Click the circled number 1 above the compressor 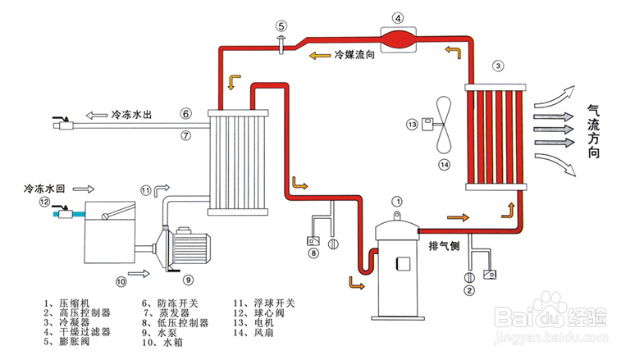click(397, 200)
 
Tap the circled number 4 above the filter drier click(398, 17)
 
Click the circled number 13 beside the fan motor click(413, 125)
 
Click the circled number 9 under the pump click(187, 279)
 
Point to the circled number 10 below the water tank click(121, 281)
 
